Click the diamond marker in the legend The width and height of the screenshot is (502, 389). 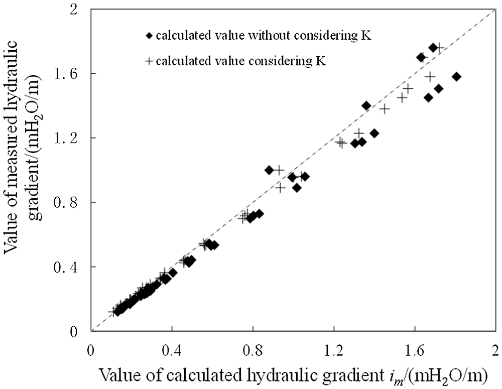(x=149, y=36)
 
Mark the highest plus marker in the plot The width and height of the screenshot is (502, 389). (x=439, y=48)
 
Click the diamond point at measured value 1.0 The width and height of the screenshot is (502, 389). (x=269, y=170)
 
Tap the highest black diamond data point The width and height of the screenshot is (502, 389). (x=433, y=48)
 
